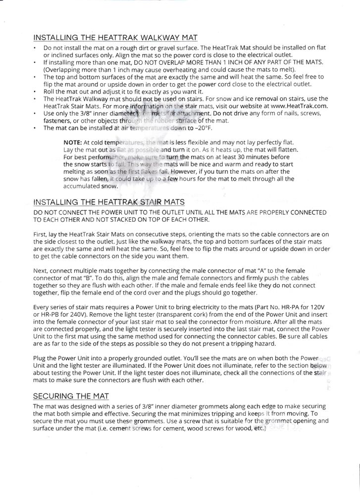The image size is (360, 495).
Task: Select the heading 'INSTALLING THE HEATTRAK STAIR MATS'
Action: point(109,202)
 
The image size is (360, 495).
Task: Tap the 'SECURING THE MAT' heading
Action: point(70,396)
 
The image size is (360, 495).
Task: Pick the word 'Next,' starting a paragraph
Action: point(42,271)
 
